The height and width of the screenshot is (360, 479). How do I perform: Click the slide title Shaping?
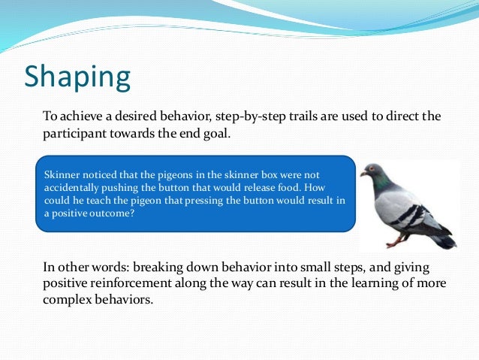[77, 77]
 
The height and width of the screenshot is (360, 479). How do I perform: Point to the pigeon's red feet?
[393, 242]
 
